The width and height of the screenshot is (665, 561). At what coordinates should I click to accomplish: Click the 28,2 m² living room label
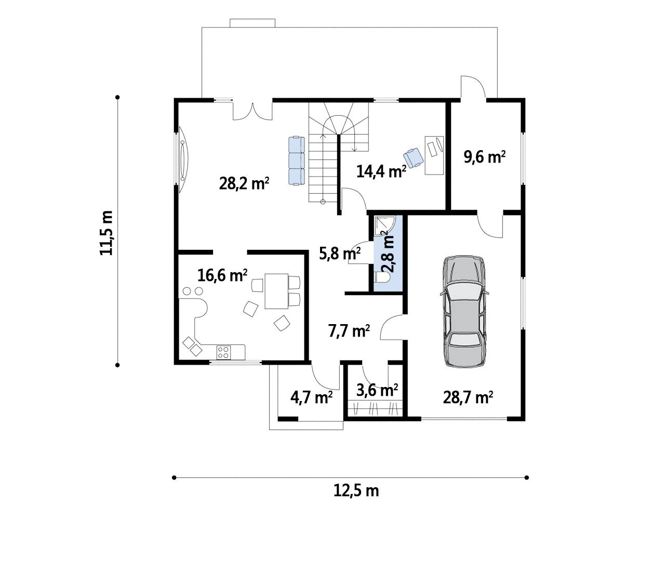[x=244, y=183]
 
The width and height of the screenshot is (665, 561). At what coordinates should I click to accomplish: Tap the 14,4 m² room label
[x=381, y=171]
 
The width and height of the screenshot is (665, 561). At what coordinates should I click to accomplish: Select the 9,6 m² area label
[x=484, y=157]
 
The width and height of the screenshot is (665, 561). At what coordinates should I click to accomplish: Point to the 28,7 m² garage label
[x=468, y=398]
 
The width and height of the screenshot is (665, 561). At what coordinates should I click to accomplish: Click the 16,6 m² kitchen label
[x=222, y=275]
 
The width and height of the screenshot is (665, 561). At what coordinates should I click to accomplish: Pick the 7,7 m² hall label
[x=349, y=331]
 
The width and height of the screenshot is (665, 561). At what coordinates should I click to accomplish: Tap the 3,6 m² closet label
[x=377, y=390]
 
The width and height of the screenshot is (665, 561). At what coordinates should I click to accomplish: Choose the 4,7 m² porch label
[x=312, y=398]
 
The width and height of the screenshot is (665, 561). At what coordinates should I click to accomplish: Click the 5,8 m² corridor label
[x=340, y=254]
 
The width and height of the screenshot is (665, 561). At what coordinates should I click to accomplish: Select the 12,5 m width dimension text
[x=356, y=491]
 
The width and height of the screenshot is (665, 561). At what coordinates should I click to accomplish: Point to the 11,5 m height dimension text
[x=107, y=233]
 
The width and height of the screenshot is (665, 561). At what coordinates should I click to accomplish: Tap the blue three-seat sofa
[x=297, y=161]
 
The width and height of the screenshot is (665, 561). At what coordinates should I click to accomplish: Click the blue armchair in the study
[x=414, y=158]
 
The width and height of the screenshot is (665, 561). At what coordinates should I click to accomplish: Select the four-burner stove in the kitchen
[x=223, y=353]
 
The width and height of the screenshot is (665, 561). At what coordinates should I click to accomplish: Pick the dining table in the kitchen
[x=276, y=291]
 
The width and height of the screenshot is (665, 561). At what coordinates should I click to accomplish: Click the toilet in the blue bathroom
[x=382, y=277]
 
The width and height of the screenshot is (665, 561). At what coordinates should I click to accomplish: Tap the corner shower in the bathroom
[x=385, y=226]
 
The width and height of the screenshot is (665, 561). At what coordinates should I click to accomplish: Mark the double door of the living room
[x=252, y=111]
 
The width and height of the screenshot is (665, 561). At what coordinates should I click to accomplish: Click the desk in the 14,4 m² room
[x=434, y=155]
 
